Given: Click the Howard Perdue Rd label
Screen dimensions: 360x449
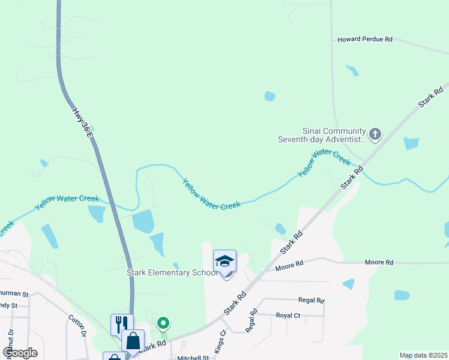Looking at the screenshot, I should pos(364,39).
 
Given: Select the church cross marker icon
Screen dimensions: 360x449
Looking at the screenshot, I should pos(375,134).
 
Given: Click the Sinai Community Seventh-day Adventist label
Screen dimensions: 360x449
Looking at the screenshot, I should pos(334,135).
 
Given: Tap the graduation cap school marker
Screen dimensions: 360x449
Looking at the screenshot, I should pos(224,262).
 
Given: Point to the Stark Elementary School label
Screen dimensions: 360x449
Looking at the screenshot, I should pos(172,272).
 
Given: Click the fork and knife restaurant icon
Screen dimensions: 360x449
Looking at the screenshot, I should pos(122,324).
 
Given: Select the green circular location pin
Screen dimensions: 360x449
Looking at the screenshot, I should pos(163,323).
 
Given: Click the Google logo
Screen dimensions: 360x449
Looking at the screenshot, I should pos(20,353).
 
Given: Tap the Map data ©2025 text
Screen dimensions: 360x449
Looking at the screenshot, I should pos(423,355).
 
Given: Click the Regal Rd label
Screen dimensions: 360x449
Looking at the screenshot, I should pos(312,300).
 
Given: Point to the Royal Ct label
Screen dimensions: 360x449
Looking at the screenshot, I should pos(288,315).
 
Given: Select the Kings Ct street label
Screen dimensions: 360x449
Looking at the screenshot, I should pos(219,341).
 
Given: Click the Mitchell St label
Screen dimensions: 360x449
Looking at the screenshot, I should pos(192,358).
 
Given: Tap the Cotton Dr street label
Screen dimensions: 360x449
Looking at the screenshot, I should pos(77,326).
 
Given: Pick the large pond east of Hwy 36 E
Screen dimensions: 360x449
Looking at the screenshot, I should pos(143,221).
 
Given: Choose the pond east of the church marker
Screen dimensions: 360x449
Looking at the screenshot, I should pos(411,143).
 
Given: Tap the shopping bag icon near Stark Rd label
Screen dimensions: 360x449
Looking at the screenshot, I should pos(133,340).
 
